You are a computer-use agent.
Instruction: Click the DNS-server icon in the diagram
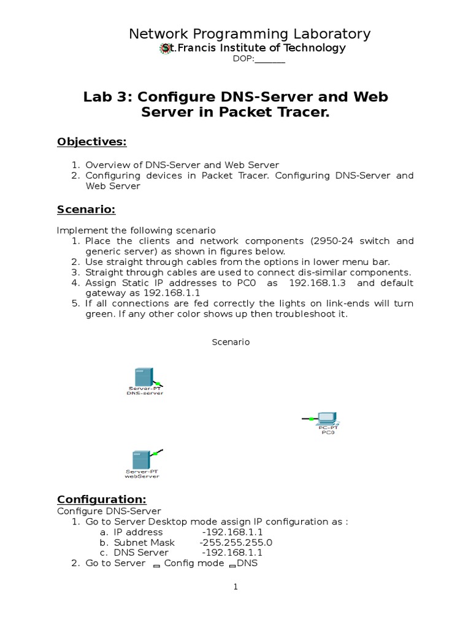point(143,377)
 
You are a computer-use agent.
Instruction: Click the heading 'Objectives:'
point(91,142)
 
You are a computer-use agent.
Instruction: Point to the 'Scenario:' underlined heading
point(86,210)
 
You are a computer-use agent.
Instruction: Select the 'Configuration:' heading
point(101,499)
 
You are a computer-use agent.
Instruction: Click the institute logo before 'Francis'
point(164,48)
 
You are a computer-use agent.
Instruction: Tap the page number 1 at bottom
point(235,587)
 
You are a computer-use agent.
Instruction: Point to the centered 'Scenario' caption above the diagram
point(231,342)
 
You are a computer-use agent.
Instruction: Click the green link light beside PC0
point(312,418)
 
